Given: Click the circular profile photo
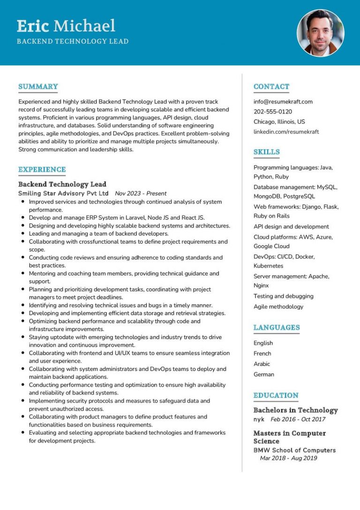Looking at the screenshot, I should click(321, 32).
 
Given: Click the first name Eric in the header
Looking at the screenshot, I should click(33, 26).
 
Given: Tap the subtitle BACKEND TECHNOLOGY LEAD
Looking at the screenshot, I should click(73, 41).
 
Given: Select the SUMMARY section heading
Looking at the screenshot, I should click(38, 86).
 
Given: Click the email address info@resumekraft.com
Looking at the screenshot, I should click(283, 101).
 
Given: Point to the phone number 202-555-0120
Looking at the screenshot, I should click(273, 112).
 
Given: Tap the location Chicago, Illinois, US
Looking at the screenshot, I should click(279, 122).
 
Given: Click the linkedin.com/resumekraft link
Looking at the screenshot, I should click(286, 132).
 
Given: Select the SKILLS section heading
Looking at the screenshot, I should click(266, 152).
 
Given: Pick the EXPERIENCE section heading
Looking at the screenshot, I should click(42, 169).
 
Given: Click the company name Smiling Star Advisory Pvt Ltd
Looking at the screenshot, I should click(63, 193).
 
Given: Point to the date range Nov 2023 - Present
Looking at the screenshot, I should click(141, 193).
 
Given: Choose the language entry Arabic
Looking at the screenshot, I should click(262, 364).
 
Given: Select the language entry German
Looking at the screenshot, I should click(264, 374).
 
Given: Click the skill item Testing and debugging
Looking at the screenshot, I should click(284, 296).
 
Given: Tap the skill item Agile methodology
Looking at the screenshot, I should click(278, 306).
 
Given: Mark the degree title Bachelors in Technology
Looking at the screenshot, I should click(295, 410).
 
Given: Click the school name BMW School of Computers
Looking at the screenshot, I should click(294, 450).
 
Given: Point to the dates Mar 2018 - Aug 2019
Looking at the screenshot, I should click(288, 458).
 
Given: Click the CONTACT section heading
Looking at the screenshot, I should click(271, 86).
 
